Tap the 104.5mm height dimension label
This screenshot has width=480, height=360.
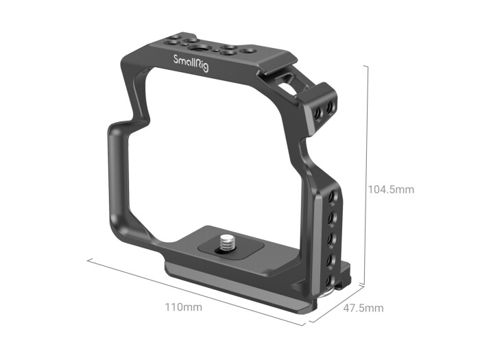click(x=392, y=189)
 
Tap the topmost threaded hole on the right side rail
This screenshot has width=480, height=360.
click(x=333, y=197)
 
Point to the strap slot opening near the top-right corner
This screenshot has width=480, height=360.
click(x=287, y=88)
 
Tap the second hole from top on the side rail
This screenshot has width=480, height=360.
click(x=333, y=217)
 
